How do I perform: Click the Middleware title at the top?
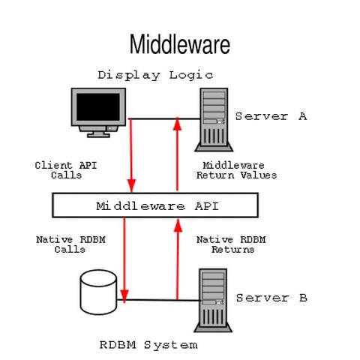point(179,44)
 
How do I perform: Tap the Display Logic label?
point(155,74)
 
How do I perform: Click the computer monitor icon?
point(98,112)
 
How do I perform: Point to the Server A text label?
point(271,116)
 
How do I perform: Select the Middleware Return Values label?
point(236,169)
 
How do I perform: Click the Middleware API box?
point(155,205)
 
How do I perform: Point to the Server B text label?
point(271,298)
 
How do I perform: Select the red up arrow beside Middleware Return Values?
point(177,154)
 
